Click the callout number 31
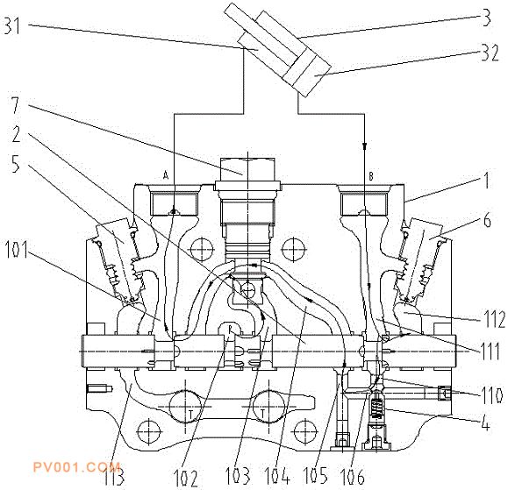(x=12, y=26)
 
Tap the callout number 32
(x=490, y=53)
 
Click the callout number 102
(x=186, y=478)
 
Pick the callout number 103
(x=238, y=476)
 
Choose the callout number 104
(x=277, y=475)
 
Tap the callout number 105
(x=315, y=475)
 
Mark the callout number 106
(x=353, y=476)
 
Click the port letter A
(x=166, y=175)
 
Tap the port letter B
(x=371, y=176)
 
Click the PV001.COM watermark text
(x=76, y=466)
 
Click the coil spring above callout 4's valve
(x=376, y=408)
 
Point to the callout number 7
(x=16, y=105)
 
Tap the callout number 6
(x=487, y=221)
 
